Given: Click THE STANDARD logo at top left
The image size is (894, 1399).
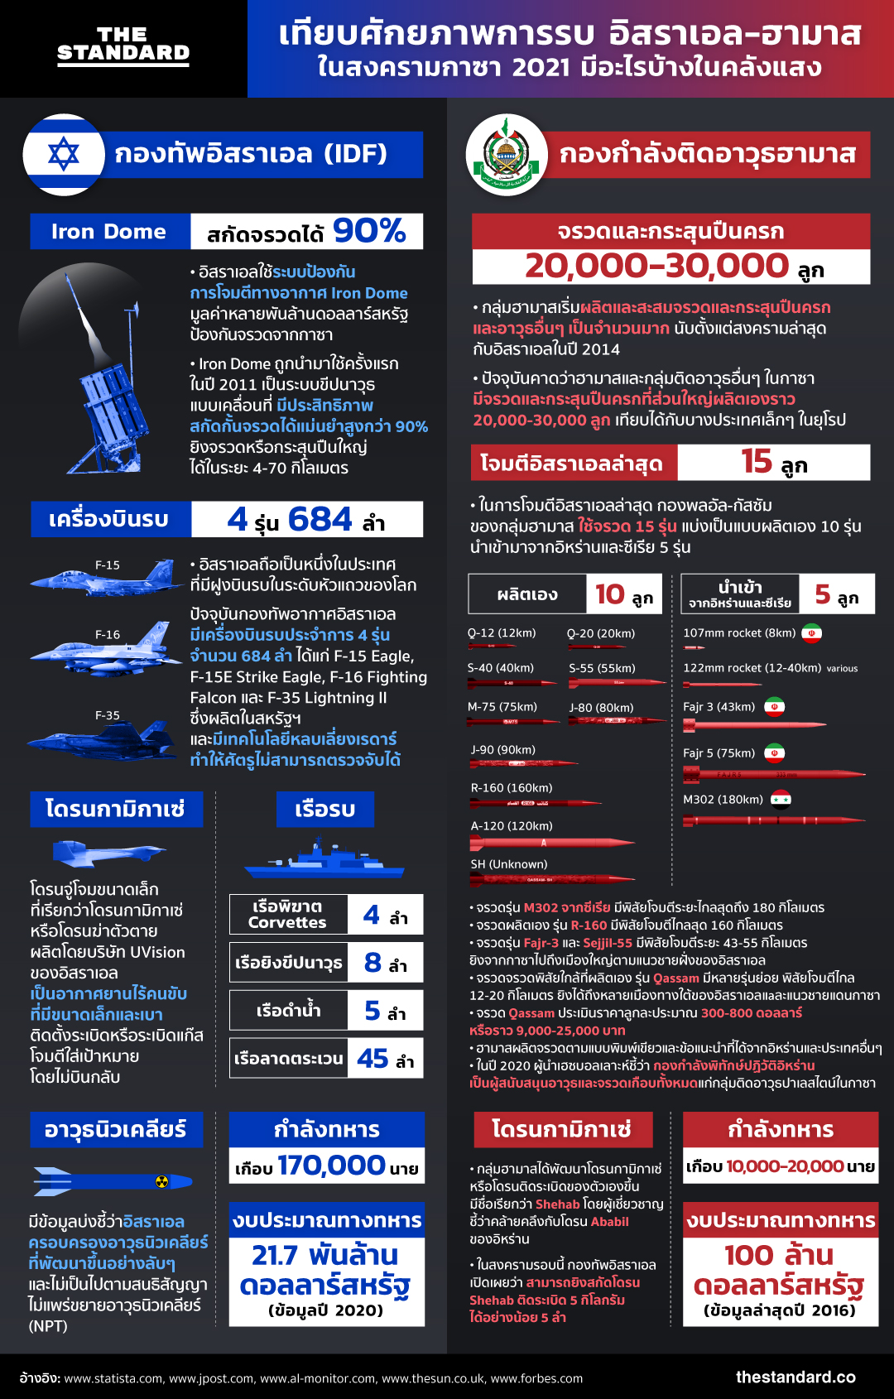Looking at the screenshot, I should tap(123, 45).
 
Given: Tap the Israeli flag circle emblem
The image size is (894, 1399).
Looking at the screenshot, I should tap(64, 155).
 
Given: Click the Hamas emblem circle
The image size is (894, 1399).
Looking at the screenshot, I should tap(507, 155).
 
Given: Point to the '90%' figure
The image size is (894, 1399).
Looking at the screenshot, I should tap(369, 231).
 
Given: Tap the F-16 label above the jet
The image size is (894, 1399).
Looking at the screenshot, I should tap(108, 634).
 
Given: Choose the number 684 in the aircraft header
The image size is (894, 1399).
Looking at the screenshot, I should tap(320, 520).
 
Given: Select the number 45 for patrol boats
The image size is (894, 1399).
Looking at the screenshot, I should tap(372, 1059).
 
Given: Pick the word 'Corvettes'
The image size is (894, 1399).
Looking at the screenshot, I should tap(287, 922).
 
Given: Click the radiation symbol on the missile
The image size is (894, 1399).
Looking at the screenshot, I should tap(162, 1181).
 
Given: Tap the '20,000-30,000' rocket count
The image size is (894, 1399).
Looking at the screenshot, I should tap(656, 266).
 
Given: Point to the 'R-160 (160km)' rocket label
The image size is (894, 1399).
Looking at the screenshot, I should tap(512, 788).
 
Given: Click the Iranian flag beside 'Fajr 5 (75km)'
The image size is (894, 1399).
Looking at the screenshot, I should tap(774, 753).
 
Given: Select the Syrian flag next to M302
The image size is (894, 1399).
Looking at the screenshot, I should tap(781, 799).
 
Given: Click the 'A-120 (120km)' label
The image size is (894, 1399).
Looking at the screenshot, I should tap(512, 826).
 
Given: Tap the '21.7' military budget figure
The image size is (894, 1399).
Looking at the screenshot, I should tap(275, 1255).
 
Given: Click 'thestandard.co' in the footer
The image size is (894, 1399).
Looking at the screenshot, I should tap(795, 1377).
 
